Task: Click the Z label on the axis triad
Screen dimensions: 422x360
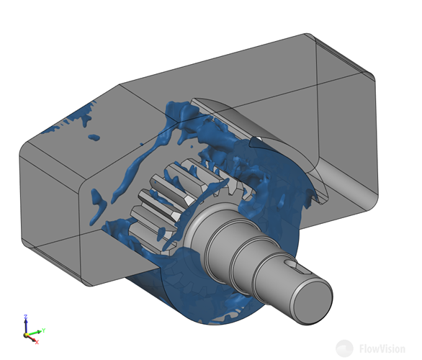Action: [26, 317]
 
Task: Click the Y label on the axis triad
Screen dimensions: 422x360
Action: [44, 330]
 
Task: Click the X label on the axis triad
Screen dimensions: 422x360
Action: [37, 342]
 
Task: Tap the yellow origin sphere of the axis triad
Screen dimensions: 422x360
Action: [26, 335]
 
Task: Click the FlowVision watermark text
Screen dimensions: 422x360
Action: [382, 348]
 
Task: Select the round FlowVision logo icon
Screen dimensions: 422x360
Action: [344, 348]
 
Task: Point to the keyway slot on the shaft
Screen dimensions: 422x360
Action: [297, 267]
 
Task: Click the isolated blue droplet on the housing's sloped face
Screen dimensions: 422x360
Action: [94, 138]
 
